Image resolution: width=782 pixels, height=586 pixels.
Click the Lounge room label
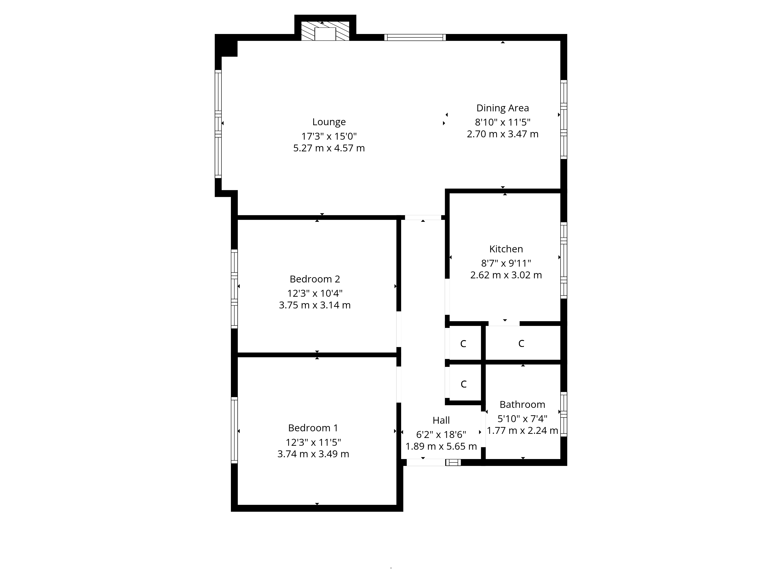pos(329,122)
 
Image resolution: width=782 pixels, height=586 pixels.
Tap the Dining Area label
pos(502,108)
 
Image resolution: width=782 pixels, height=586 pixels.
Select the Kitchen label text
pos(506,249)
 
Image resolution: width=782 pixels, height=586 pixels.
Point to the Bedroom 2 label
pos(315,279)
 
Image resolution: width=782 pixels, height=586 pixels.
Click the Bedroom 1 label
pos(313,428)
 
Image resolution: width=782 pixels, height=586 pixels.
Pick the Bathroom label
pos(522,405)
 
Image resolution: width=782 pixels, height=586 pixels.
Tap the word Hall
pos(441,420)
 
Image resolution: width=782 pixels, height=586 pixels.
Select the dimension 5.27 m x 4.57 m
pos(329,148)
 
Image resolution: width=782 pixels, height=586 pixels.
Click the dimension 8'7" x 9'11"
pos(506,263)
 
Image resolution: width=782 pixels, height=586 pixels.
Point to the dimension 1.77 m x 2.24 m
pos(522,431)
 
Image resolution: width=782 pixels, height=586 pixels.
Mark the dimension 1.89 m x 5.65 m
pos(441,447)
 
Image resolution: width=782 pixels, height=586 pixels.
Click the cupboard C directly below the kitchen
pos(521,343)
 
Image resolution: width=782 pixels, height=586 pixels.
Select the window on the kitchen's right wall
pos(563,260)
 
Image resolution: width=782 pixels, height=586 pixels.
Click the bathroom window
pos(563,414)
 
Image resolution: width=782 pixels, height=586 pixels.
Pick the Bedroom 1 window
pos(234,430)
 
